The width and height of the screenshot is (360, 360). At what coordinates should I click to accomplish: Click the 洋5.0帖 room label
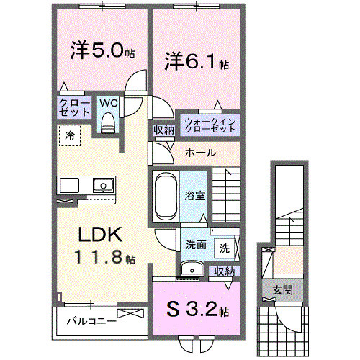(102, 53)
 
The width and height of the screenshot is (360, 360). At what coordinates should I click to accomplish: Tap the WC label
(109, 102)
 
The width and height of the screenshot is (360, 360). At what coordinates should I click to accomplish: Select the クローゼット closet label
(74, 108)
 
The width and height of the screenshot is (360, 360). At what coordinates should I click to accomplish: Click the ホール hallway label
(198, 153)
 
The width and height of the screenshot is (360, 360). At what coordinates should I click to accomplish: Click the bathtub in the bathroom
(164, 196)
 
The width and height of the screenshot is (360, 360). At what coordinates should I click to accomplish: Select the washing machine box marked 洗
(225, 248)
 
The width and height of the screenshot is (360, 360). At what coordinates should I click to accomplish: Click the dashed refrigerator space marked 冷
(71, 135)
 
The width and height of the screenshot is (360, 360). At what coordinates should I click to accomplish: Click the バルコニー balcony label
(91, 320)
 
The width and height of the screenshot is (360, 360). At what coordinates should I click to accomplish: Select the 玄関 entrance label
(282, 291)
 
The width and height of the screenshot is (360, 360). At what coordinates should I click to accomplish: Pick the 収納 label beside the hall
(163, 130)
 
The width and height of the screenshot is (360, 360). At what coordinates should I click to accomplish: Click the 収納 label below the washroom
(225, 271)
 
